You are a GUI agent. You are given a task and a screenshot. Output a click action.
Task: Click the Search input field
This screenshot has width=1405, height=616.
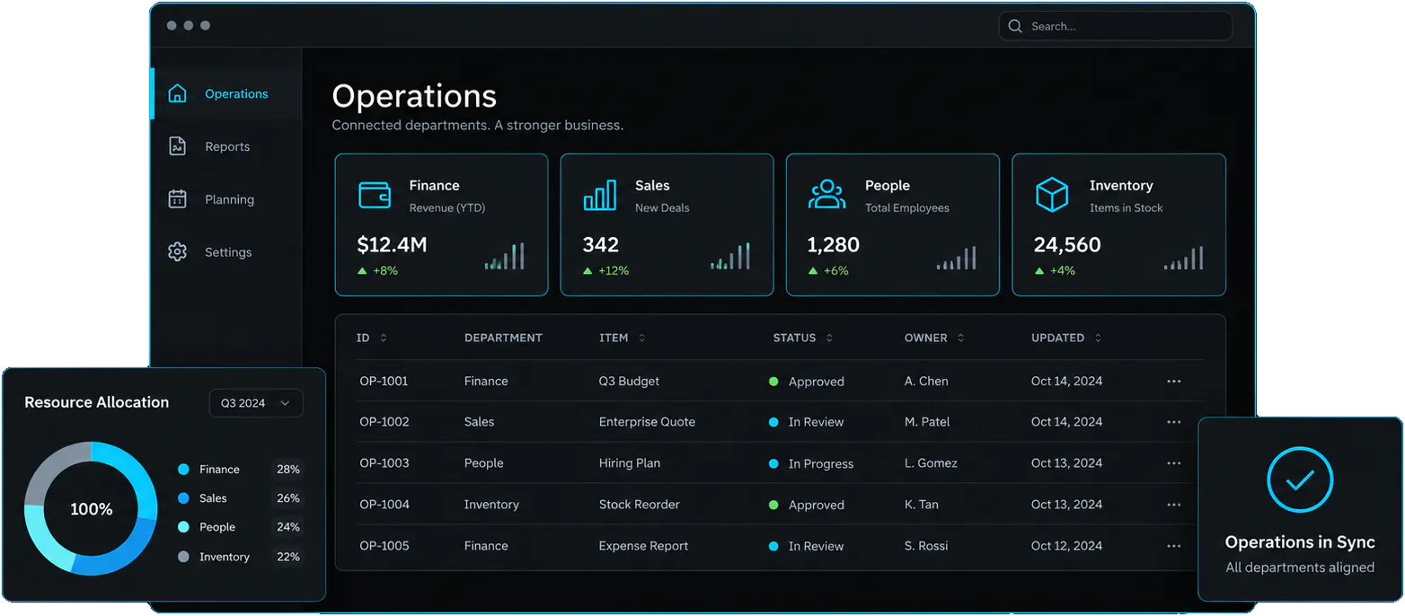click(x=1115, y=26)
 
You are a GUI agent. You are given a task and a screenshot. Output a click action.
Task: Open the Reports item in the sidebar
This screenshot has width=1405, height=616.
click(x=227, y=146)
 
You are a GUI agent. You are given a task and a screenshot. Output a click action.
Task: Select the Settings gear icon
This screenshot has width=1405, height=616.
click(x=178, y=252)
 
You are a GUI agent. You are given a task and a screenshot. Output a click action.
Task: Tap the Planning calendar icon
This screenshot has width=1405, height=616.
click(x=178, y=198)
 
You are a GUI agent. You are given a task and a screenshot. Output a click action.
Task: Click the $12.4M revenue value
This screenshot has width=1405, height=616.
click(x=392, y=244)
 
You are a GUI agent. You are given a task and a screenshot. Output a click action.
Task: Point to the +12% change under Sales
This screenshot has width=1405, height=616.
click(x=605, y=270)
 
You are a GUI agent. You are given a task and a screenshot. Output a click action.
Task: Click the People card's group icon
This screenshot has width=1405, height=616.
click(x=826, y=194)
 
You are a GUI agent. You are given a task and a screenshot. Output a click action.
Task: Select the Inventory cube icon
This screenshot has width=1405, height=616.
click(x=1052, y=194)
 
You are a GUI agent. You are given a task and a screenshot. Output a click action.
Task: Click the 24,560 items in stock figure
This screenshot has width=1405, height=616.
click(x=1067, y=244)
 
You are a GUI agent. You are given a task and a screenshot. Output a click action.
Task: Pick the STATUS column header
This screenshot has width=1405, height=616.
click(x=794, y=338)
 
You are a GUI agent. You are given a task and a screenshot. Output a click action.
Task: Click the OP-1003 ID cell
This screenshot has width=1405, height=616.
click(x=384, y=463)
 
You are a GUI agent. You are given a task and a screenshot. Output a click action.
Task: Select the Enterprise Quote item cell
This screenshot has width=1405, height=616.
click(x=647, y=422)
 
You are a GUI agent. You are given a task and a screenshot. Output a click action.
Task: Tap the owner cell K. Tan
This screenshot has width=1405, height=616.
click(x=922, y=505)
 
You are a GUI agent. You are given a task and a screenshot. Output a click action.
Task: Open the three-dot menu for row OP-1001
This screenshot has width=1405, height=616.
click(x=1173, y=381)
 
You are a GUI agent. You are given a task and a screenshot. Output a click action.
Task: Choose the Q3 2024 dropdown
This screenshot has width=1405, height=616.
click(x=256, y=403)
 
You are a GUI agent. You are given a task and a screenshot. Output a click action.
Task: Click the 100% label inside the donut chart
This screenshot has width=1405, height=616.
click(x=91, y=509)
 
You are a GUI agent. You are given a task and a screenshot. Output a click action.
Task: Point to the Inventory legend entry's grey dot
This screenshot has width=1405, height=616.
click(x=183, y=557)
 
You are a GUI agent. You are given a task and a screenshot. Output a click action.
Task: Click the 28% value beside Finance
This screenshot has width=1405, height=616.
click(x=287, y=470)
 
